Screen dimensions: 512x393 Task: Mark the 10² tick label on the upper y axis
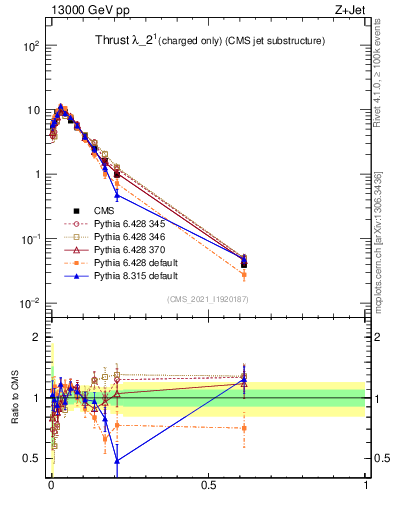32,46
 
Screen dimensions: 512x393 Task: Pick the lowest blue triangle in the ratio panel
117,460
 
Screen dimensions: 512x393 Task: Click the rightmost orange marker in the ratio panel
245,428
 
